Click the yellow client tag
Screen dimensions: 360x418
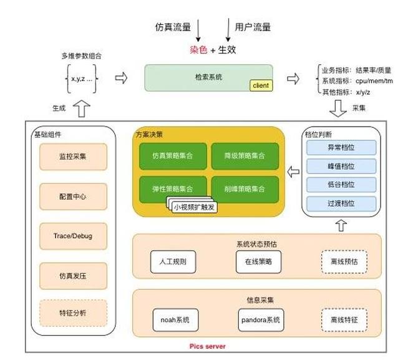tap(261, 85)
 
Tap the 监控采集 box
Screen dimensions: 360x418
tap(73, 157)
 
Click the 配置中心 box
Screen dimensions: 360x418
tap(73, 197)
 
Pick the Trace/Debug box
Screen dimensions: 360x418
tap(73, 236)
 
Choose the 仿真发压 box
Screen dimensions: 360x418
tap(73, 275)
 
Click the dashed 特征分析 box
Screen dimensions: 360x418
tap(73, 313)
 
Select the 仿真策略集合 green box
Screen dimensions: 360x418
tap(173, 155)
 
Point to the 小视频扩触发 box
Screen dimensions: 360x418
tap(195, 207)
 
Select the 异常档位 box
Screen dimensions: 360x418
tap(341, 148)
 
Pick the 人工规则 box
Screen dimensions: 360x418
tap(168, 262)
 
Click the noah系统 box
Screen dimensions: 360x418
tap(170, 320)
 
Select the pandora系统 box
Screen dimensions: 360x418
tap(260, 320)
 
